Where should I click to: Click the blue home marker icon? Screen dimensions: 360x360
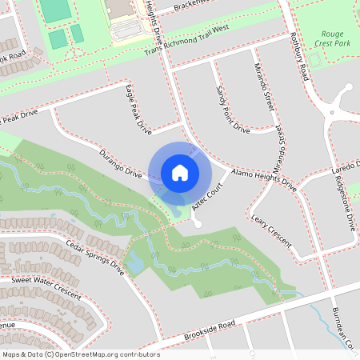(179, 173)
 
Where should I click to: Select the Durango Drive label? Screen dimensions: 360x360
(120, 163)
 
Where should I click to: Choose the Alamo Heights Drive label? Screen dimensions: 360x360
(263, 180)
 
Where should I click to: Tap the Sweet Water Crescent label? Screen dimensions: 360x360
(46, 289)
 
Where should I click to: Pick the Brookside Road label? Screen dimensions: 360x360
(210, 330)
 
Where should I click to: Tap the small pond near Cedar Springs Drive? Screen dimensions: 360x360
(134, 263)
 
